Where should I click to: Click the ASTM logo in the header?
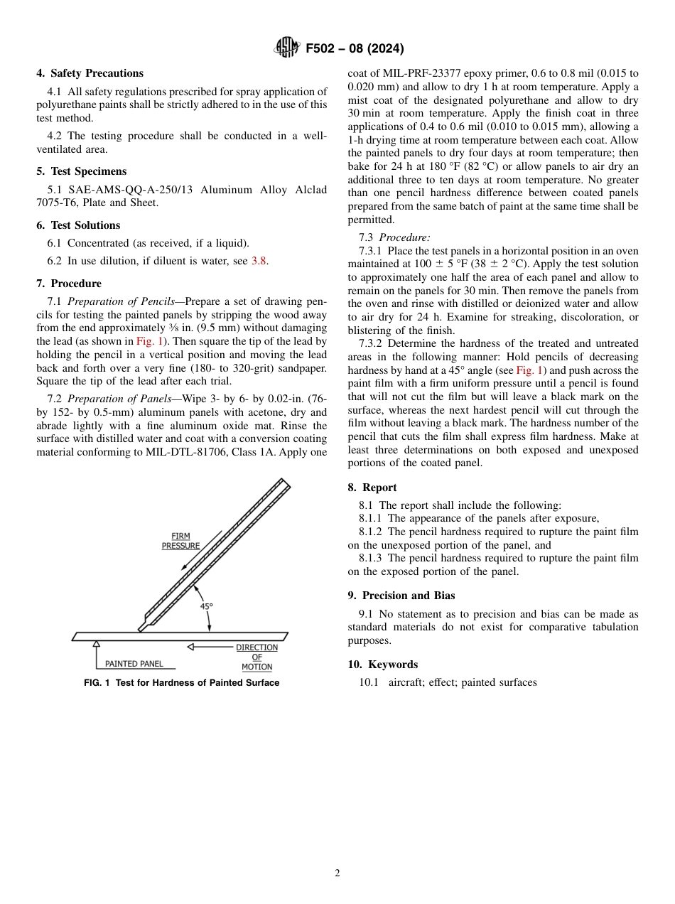[287, 48]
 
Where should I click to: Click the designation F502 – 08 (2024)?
[355, 48]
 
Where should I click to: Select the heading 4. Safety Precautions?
[90, 73]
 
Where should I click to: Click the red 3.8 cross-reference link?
[259, 261]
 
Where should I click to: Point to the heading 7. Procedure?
[69, 284]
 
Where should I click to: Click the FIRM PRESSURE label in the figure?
[180, 541]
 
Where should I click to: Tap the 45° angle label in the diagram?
[206, 607]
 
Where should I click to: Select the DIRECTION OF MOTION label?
[256, 657]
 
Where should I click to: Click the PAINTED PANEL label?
[134, 664]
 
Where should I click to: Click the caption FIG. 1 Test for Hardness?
[181, 683]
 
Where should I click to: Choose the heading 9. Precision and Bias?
[401, 596]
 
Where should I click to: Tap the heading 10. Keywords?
[382, 664]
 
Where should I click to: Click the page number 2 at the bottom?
[337, 873]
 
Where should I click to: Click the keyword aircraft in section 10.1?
[406, 682]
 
